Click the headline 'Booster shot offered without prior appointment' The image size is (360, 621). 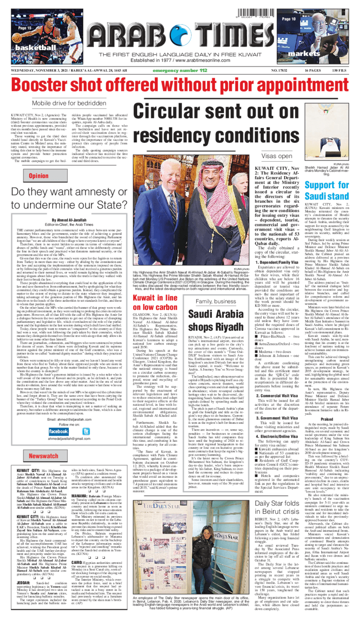180,84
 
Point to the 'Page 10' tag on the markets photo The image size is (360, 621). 288,19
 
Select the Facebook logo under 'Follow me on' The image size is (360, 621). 58,431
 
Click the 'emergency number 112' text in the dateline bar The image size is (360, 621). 180,71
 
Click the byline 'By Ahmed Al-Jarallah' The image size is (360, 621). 72,220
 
